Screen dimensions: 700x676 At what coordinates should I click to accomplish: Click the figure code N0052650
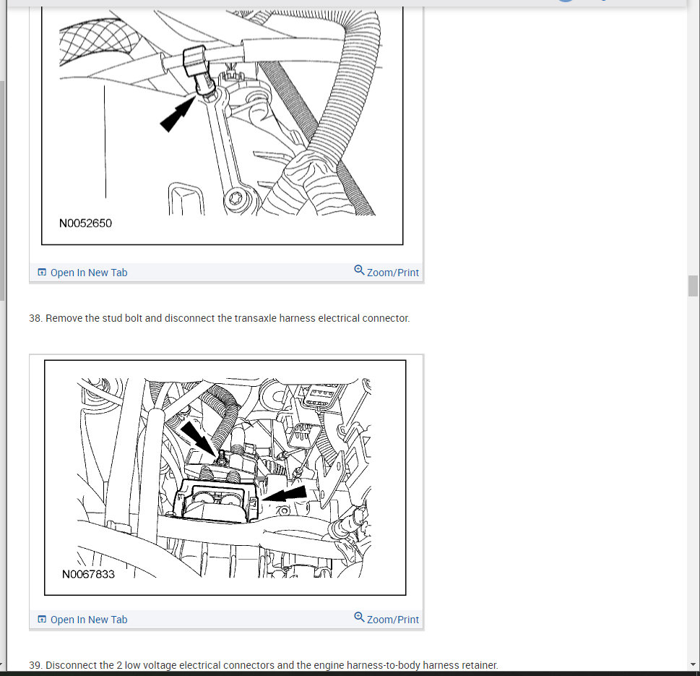point(85,223)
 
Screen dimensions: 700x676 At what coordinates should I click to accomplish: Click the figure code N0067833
point(88,574)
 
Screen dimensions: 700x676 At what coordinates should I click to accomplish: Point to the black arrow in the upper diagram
point(178,115)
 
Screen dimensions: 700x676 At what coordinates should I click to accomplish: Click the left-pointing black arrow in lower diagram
point(285,493)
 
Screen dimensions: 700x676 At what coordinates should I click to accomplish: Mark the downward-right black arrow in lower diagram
point(198,438)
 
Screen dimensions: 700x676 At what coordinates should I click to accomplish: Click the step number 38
point(35,318)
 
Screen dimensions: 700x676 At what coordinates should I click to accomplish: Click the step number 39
point(35,665)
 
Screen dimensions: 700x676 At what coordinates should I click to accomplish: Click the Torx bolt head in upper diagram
point(235,198)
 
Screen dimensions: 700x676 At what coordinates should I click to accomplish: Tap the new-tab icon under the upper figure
point(42,272)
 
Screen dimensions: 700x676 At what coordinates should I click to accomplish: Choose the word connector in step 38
point(386,318)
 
